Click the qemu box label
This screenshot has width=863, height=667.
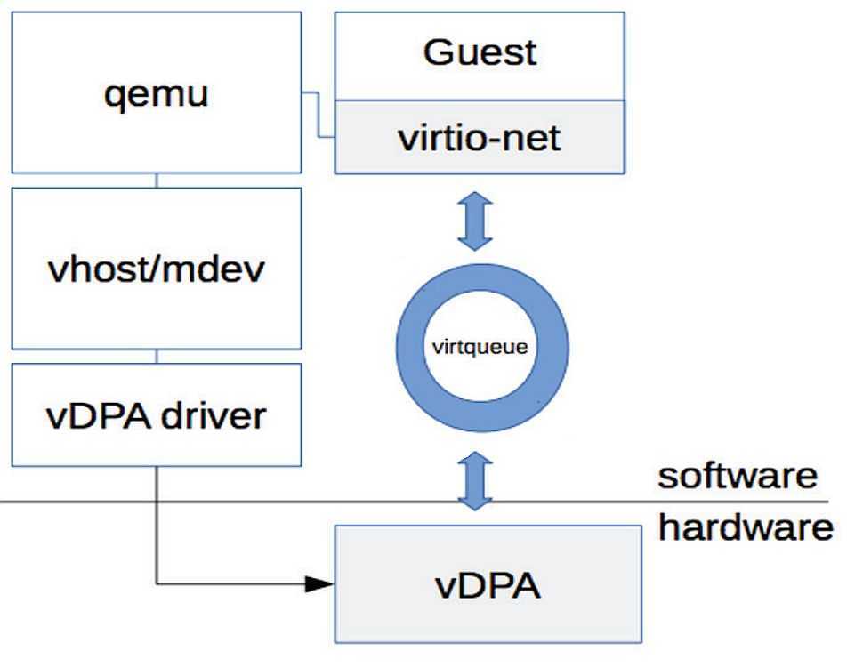click(156, 92)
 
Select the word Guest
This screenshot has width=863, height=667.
click(480, 53)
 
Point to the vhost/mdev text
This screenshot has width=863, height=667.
click(156, 269)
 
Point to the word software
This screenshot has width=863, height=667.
click(738, 475)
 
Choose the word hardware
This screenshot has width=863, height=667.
click(746, 528)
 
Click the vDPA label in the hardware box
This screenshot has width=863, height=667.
click(488, 585)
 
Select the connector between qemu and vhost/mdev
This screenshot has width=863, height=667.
click(157, 181)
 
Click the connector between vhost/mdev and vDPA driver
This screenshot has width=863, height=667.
click(157, 356)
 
